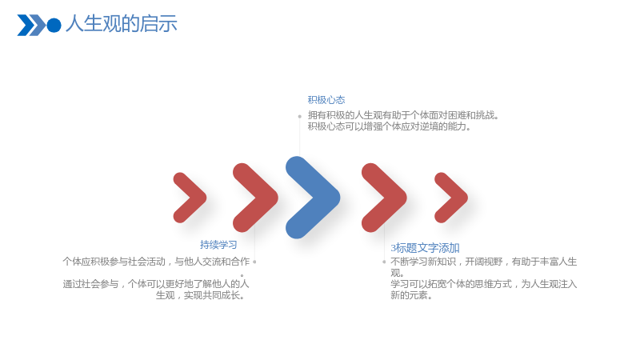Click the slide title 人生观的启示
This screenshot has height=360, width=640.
point(122,24)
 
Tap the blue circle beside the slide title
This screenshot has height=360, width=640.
point(54,26)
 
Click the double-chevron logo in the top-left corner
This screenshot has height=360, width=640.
point(31,26)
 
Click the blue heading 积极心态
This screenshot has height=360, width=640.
point(326,100)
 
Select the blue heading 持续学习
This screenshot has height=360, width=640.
point(218,245)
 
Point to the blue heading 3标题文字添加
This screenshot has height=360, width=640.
point(425,248)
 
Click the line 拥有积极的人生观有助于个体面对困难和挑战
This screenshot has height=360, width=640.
point(403,115)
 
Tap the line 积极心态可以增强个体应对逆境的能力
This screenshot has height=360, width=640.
point(390,126)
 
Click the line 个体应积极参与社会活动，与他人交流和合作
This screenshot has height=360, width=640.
point(156,262)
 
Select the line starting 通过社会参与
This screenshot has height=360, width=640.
point(156,284)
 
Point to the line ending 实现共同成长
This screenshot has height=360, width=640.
point(201,295)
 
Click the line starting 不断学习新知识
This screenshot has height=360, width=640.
point(484,262)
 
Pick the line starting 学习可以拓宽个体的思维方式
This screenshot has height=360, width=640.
point(484,284)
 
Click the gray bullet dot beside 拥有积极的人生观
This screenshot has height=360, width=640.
point(299,116)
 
